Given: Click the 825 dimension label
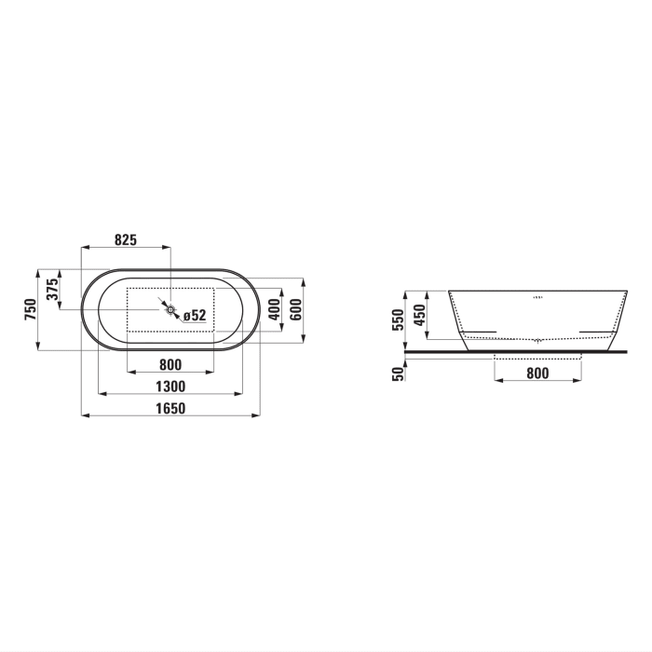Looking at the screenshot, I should click(x=126, y=239).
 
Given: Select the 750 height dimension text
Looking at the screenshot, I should click(x=30, y=309).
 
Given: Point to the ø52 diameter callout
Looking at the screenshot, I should click(x=194, y=316).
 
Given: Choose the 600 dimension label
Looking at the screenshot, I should click(x=295, y=309).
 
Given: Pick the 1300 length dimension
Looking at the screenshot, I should click(x=170, y=386).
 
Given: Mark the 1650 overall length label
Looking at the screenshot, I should click(x=170, y=409).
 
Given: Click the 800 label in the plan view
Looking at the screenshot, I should click(x=170, y=364).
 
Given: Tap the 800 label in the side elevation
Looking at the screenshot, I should click(x=538, y=374).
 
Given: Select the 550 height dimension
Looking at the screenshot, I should click(x=399, y=320).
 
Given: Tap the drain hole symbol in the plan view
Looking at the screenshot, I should click(x=170, y=309).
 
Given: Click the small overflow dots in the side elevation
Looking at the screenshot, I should click(x=537, y=298).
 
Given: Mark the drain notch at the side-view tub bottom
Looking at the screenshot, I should click(x=537, y=341).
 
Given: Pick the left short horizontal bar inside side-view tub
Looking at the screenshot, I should click(x=480, y=332).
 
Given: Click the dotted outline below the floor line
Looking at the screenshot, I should click(x=538, y=357).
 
